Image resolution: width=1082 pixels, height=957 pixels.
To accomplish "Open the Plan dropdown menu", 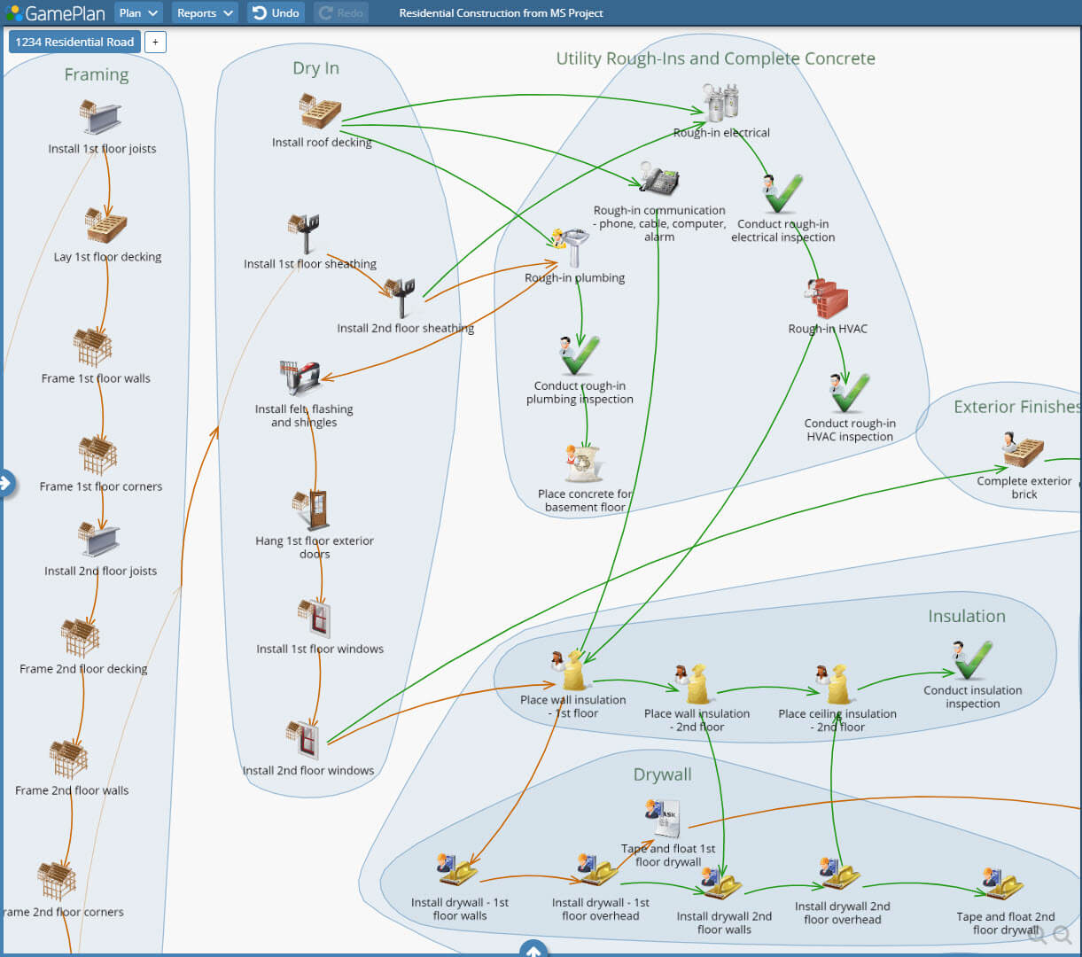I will click(138, 13).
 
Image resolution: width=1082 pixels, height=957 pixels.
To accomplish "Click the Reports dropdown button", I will click(205, 13).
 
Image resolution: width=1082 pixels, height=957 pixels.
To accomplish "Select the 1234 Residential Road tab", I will click(75, 42).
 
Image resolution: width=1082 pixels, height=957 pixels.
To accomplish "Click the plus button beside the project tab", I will click(155, 42).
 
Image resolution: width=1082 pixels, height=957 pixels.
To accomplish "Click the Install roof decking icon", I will click(320, 112).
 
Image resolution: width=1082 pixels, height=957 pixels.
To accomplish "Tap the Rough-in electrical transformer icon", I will click(720, 103).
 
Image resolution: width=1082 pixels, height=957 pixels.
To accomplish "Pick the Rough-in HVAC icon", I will click(827, 300).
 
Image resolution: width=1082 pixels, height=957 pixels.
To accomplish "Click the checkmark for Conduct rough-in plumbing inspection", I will click(580, 355).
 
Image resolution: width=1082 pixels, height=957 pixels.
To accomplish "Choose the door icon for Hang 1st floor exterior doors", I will click(312, 510).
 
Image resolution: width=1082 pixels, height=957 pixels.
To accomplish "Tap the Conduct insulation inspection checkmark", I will click(972, 660).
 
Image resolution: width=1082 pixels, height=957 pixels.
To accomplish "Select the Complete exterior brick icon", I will click(1024, 450).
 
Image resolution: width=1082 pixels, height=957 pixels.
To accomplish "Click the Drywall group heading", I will click(662, 774).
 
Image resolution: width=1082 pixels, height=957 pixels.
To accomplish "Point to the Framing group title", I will click(97, 75).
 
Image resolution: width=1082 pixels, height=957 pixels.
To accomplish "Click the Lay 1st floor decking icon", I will click(106, 226).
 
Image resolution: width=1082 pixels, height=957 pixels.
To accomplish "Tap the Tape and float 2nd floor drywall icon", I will click(1004, 884).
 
